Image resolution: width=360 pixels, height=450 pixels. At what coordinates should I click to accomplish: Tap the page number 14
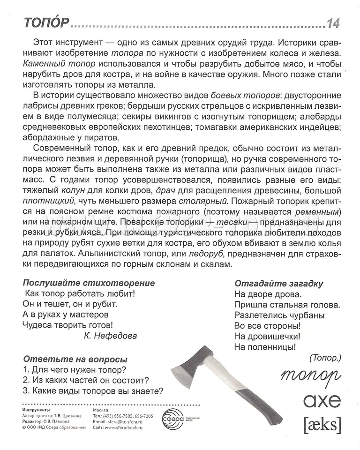point(333,22)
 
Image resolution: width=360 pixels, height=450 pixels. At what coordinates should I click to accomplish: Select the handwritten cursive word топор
point(311,375)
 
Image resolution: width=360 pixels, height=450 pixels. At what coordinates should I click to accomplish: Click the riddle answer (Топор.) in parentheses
point(325,358)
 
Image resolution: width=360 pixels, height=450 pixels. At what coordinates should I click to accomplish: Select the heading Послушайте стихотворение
point(89,283)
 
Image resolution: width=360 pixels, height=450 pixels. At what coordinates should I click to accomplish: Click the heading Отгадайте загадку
point(278,284)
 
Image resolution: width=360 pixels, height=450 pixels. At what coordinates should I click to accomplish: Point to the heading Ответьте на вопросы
point(75,360)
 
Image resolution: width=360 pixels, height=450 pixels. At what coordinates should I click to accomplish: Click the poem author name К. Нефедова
point(110,335)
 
